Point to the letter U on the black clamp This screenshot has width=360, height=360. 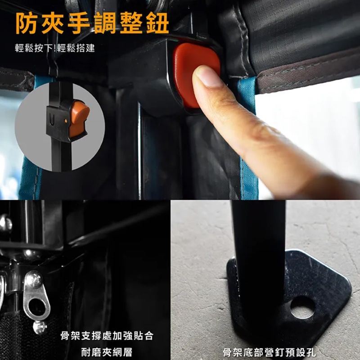pyautogui.click(x=52, y=120)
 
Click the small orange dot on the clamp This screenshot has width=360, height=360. pyautogui.click(x=66, y=121)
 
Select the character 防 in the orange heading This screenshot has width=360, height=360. pyautogui.click(x=27, y=23)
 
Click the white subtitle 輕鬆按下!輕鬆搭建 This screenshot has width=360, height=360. pyautogui.click(x=55, y=48)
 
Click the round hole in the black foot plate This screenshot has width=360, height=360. pyautogui.click(x=302, y=308)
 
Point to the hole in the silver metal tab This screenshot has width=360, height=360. pyautogui.click(x=37, y=306)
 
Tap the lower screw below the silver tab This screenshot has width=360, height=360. pyautogui.click(x=40, y=327)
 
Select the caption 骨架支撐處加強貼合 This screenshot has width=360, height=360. pyautogui.click(x=107, y=336)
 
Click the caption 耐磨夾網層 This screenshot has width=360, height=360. pyautogui.click(x=107, y=352)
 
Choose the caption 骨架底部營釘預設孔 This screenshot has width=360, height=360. pyautogui.click(x=269, y=352)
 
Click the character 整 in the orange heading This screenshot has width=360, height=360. pyautogui.click(x=131, y=23)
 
